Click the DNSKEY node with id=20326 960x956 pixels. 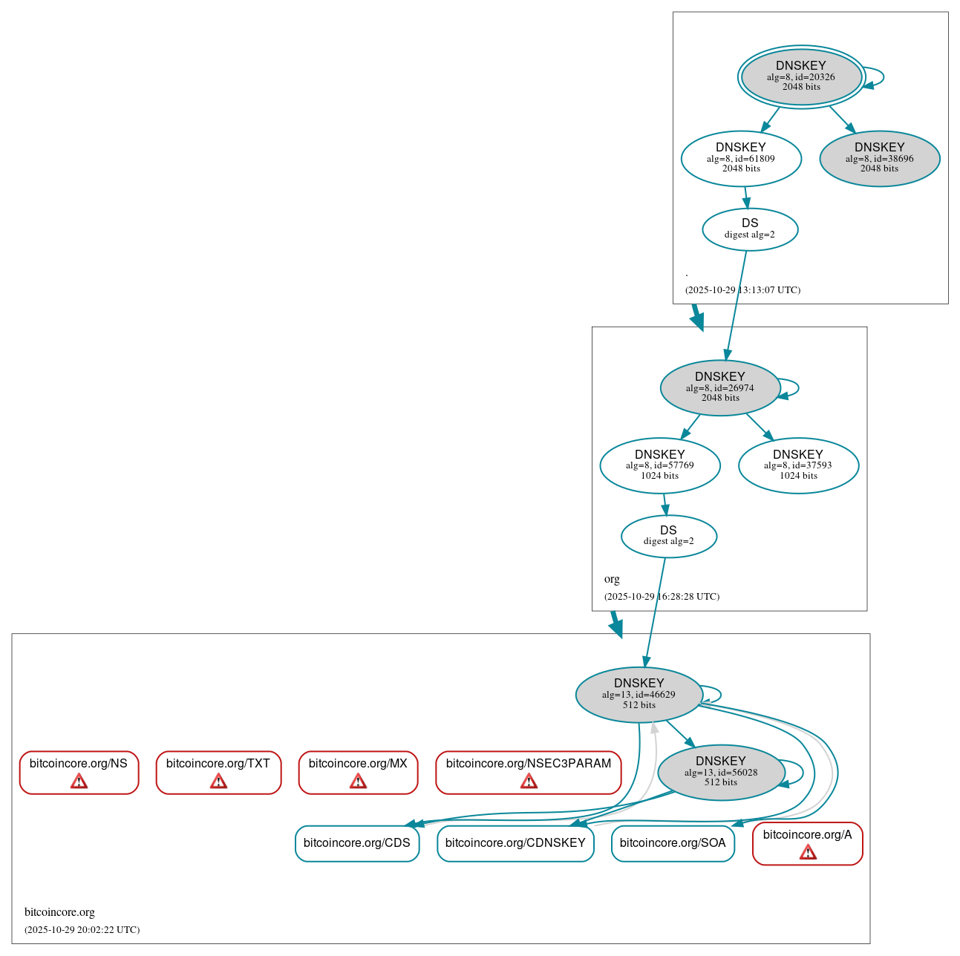point(800,76)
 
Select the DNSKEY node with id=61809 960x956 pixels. point(740,158)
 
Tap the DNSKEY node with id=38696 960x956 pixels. point(879,158)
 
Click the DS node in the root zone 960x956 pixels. point(749,229)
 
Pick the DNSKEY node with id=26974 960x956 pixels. point(719,387)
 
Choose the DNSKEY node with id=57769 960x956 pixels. point(659,465)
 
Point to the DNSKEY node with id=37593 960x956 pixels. point(797,465)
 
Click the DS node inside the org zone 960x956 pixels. point(668,536)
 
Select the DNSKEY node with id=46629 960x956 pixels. point(639,694)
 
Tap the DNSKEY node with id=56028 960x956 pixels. point(720,772)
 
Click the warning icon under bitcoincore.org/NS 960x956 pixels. point(79,781)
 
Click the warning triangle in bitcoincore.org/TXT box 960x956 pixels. point(218,781)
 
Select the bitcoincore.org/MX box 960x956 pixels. point(358,772)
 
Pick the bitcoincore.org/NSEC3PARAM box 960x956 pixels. point(528,772)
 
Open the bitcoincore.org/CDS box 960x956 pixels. point(357,843)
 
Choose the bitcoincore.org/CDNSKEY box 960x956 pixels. point(515,843)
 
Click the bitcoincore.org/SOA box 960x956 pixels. point(673,843)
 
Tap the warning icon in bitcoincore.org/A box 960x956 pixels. point(807,852)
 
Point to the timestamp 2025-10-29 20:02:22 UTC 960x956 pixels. point(82,929)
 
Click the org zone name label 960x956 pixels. point(612,579)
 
